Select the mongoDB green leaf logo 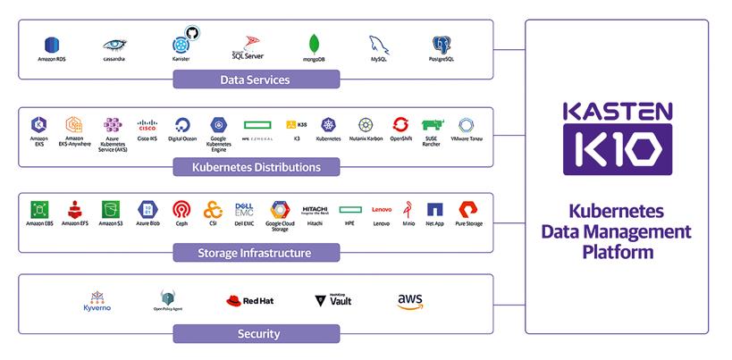315,44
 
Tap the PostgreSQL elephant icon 440,44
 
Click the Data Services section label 255,80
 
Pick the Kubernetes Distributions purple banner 255,167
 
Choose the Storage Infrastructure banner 255,253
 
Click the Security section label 255,334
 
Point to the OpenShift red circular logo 400,124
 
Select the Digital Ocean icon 182,124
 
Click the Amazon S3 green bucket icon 111,209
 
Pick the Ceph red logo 181,209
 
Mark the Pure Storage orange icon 467,209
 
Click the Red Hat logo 249,300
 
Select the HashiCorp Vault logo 333,300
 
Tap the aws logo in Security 409,301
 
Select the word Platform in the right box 618,253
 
